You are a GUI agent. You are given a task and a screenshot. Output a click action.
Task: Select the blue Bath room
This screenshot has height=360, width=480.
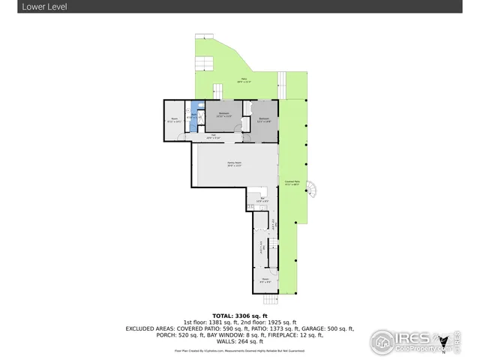(193, 116)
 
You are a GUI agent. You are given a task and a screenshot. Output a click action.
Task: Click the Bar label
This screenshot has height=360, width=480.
(263, 199)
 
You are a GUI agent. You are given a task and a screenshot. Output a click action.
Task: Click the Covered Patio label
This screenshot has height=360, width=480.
(292, 182)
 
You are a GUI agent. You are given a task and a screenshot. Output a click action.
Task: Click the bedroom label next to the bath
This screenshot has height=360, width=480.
(223, 115)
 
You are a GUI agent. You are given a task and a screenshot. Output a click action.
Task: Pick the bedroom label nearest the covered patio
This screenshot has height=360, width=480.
(264, 119)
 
